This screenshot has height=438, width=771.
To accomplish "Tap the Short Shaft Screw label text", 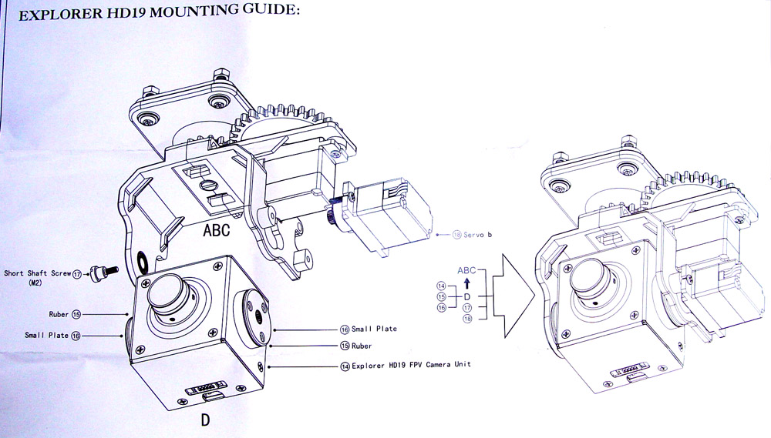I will click(x=38, y=273).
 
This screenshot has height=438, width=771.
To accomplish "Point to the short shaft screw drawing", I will click(x=100, y=271).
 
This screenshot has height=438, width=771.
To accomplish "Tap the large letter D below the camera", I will click(x=205, y=420).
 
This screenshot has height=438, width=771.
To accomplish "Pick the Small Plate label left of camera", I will click(x=46, y=335).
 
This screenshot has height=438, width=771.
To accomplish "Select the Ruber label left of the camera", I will click(x=59, y=314).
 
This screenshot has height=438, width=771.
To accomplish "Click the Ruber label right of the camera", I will click(x=362, y=346).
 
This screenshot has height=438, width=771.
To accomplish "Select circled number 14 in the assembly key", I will click(x=441, y=286).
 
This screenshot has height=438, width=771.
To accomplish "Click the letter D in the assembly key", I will click(x=467, y=296).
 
